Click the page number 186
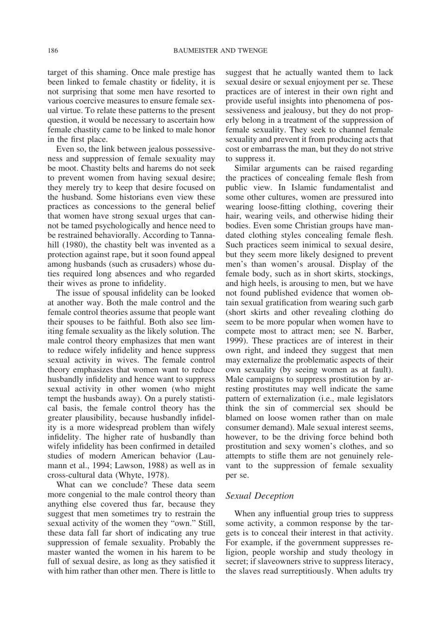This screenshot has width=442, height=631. coord(53,50)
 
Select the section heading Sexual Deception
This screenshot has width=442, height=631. coord(259,496)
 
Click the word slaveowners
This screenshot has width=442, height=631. coord(286,562)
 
